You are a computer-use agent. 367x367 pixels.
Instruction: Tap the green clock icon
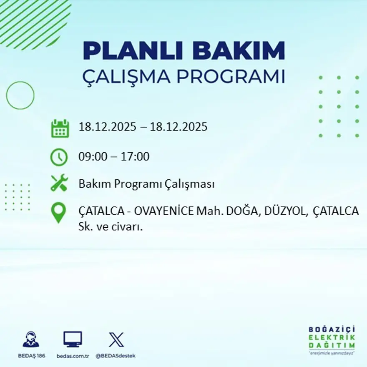click(x=59, y=157)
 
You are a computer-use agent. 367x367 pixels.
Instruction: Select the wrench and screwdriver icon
click(x=59, y=183)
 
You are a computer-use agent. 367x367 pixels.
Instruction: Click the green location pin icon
click(x=58, y=212)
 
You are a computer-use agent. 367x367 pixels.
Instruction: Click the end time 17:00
click(x=135, y=157)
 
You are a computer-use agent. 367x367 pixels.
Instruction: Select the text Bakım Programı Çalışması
click(x=146, y=184)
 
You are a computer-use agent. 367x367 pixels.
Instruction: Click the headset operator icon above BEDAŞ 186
click(x=31, y=339)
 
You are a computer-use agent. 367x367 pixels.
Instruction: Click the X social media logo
click(x=116, y=339)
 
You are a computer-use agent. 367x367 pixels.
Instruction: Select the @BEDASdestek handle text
click(x=116, y=356)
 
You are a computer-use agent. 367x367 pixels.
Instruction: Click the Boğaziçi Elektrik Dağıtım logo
click(x=332, y=339)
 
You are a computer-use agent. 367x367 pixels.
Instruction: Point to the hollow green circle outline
click(x=20, y=96)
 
